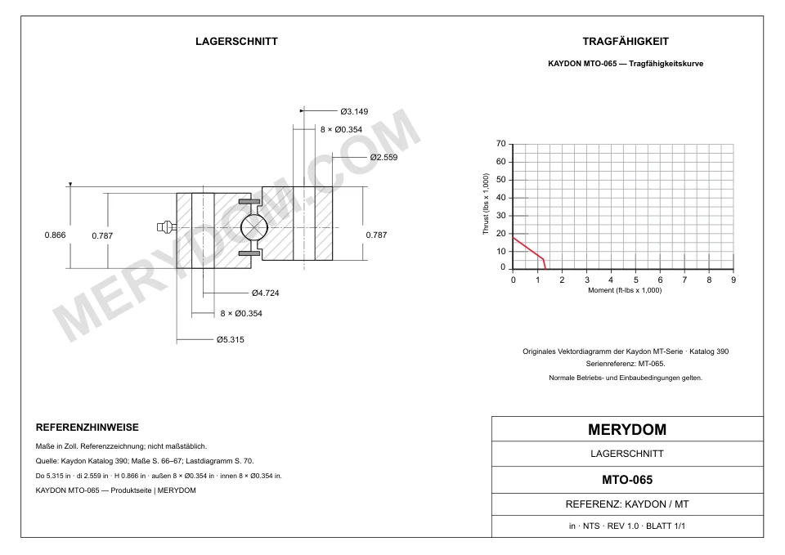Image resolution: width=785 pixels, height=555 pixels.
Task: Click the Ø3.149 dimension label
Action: [x=354, y=112]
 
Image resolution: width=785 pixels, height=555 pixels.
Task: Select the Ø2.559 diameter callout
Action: [x=384, y=157]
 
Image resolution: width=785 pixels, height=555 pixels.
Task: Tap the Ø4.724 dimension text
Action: [x=265, y=293]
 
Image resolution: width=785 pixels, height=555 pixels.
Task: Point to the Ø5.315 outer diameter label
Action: [x=231, y=339]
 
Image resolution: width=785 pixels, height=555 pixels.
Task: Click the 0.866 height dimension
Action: [x=55, y=235]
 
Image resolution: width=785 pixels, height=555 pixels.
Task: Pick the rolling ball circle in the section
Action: [x=254, y=228]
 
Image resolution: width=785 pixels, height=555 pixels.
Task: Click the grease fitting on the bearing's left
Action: [x=166, y=227]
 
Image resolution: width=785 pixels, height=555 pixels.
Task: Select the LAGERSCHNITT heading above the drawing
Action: [x=236, y=42]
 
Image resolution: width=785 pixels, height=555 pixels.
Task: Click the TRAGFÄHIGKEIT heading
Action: [x=626, y=42]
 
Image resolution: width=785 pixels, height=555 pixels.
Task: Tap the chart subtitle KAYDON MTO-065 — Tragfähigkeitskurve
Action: [x=626, y=64]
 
